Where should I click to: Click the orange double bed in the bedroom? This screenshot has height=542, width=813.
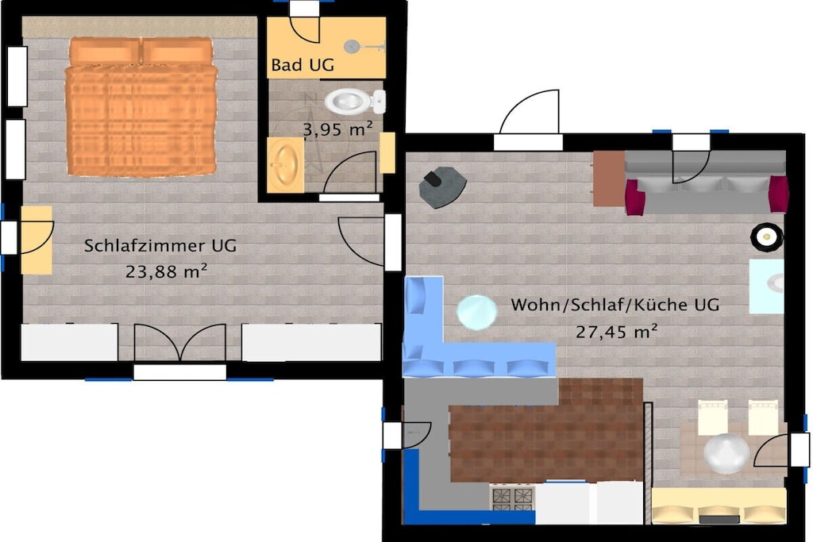click(141, 106)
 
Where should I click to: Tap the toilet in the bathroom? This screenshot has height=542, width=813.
click(355, 101)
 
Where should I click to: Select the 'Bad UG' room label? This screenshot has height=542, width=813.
click(302, 65)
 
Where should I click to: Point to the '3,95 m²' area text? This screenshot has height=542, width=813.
click(337, 129)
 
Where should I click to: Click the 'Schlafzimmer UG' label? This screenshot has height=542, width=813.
click(160, 246)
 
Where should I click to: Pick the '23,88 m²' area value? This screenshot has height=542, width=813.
click(167, 271)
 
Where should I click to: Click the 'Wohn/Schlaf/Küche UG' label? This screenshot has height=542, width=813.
click(615, 305)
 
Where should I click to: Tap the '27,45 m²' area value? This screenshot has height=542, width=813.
click(616, 331)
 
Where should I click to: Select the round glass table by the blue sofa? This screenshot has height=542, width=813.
click(476, 312)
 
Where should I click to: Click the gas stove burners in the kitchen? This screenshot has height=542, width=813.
click(512, 498)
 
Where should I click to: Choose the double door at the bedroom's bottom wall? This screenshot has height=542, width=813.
click(180, 342)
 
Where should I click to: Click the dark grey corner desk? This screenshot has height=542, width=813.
click(442, 186)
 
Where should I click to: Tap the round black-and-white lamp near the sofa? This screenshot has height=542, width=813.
click(766, 237)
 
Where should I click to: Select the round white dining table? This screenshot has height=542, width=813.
click(726, 453)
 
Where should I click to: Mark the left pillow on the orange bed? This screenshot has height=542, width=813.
click(105, 51)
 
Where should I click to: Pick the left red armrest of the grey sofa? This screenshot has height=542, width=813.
click(634, 197)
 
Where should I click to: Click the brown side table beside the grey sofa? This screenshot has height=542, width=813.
click(609, 179)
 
